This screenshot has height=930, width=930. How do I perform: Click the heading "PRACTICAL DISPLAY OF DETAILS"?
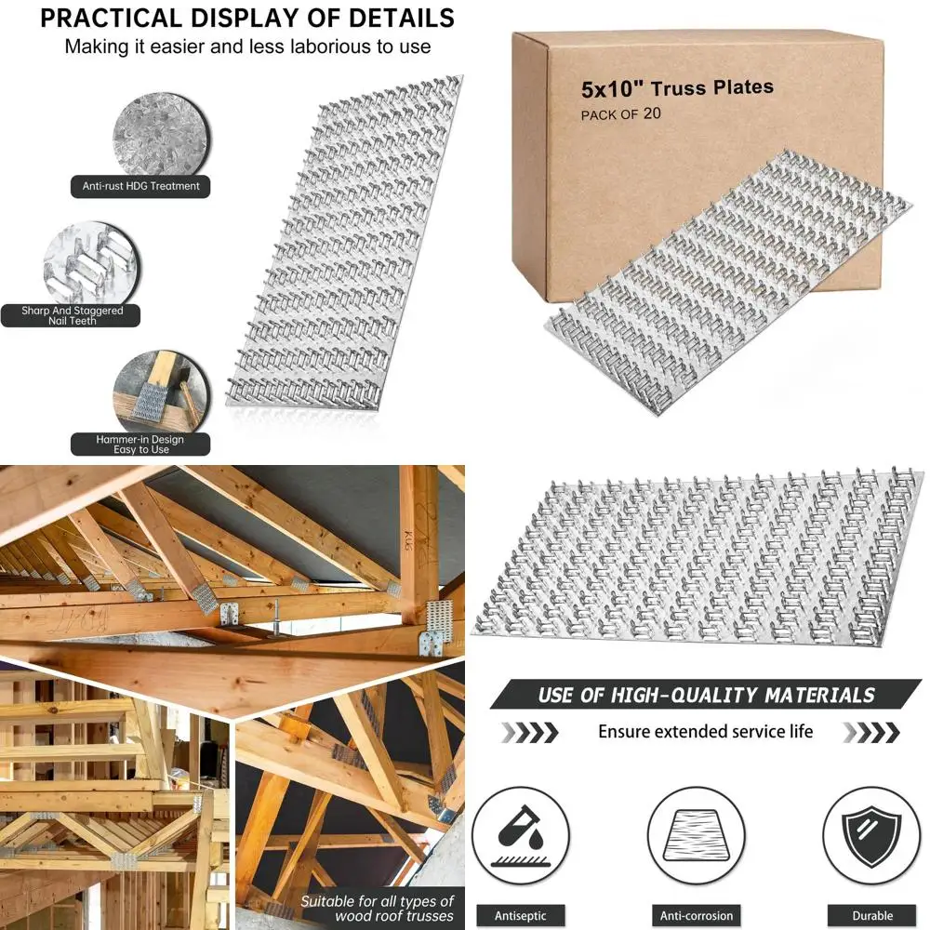point(247,18)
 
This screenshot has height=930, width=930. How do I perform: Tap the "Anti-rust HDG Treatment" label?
point(140,186)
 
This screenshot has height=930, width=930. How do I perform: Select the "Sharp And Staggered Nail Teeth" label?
point(73,315)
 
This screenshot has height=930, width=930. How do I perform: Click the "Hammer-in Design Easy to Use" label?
point(139,444)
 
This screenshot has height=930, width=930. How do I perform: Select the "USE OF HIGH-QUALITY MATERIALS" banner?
point(706,695)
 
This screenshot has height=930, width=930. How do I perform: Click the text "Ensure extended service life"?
point(705,731)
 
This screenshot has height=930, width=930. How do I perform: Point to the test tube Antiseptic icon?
point(523,831)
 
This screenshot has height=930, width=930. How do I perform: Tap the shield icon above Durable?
point(871,831)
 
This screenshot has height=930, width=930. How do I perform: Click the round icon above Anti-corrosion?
point(697,831)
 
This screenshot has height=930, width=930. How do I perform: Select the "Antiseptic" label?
point(522,915)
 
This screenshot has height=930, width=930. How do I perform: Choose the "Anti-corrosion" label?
point(697,915)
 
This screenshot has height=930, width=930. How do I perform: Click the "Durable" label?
point(871,915)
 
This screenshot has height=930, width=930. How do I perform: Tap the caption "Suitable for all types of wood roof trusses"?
point(377,909)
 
